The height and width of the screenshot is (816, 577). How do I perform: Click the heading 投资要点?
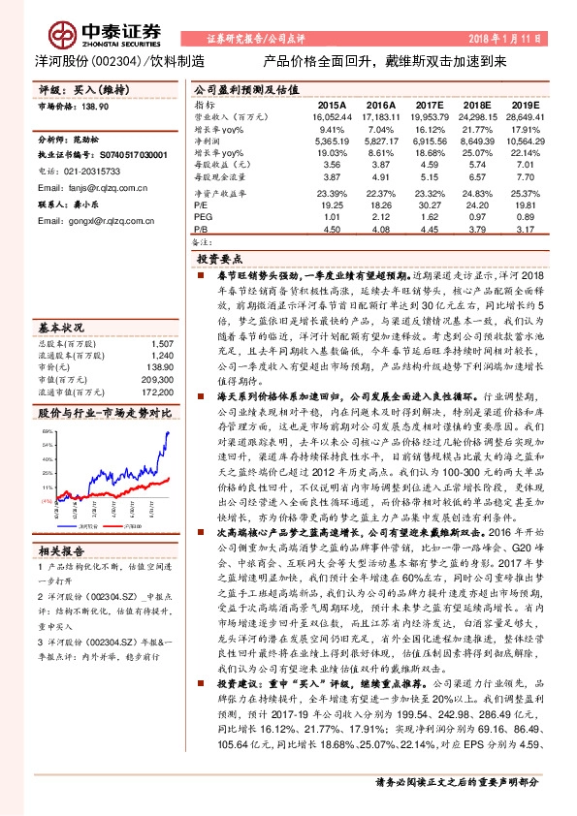tap(220, 262)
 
